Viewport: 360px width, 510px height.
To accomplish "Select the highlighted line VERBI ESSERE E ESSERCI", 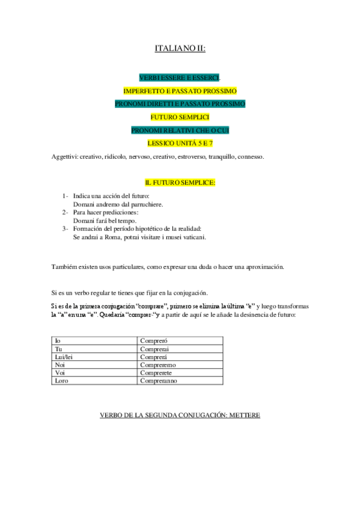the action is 180,78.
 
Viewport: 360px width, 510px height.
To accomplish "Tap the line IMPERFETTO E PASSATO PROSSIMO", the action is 180,91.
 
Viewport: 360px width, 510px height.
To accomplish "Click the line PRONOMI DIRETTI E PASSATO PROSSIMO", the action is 180,104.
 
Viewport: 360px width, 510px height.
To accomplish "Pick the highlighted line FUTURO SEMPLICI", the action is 180,117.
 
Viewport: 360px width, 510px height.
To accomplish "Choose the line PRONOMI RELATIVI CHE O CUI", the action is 180,131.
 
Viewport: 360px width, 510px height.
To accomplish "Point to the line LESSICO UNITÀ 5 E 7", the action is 180,143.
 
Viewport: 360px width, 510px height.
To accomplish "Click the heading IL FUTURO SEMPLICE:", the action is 180,182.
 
